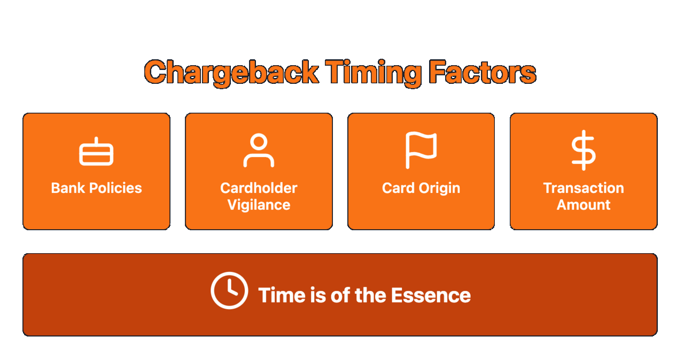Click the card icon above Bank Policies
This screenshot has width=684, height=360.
[96, 153]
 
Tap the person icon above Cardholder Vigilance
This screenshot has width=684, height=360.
[259, 151]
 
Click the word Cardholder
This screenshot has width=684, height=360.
[259, 188]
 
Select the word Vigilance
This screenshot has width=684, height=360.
[259, 205]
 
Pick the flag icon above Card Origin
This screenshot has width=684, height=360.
[421, 150]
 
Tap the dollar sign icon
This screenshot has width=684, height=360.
[583, 150]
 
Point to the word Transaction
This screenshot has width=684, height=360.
[584, 188]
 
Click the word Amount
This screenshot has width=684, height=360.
[584, 205]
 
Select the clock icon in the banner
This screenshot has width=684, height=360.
[229, 291]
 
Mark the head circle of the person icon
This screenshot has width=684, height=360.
[259, 143]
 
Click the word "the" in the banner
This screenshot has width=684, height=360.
[370, 295]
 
